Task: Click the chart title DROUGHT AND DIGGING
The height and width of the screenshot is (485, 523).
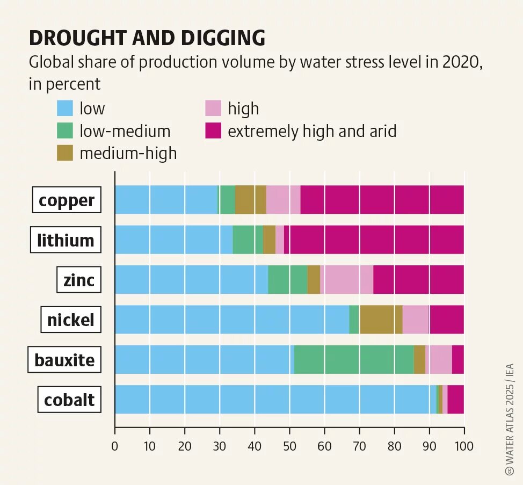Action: click(x=147, y=39)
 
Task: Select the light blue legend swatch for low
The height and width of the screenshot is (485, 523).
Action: click(x=64, y=108)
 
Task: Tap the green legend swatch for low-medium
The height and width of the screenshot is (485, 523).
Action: click(x=64, y=131)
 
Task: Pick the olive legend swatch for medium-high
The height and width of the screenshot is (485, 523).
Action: click(x=64, y=153)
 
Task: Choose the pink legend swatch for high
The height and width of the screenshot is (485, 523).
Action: click(x=213, y=108)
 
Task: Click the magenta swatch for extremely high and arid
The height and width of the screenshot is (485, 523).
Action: click(x=213, y=131)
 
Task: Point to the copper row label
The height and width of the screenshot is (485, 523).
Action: click(x=67, y=200)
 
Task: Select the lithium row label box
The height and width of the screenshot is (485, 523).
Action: click(x=66, y=240)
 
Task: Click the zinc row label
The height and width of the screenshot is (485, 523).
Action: click(x=78, y=280)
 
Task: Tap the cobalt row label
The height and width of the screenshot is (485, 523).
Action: click(x=69, y=400)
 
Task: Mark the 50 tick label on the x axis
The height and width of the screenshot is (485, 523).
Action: click(x=289, y=446)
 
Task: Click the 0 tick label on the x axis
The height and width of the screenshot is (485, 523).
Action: click(x=115, y=446)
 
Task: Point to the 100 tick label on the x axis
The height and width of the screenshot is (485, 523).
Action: click(x=463, y=446)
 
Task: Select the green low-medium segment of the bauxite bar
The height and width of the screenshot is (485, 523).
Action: click(x=354, y=359)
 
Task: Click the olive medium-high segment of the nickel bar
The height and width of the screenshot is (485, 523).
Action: click(x=381, y=320)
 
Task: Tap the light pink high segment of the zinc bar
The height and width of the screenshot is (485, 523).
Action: click(x=346, y=279)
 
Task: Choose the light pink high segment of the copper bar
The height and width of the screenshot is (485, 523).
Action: click(x=283, y=200)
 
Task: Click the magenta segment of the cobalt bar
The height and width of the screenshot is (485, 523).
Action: click(x=455, y=399)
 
